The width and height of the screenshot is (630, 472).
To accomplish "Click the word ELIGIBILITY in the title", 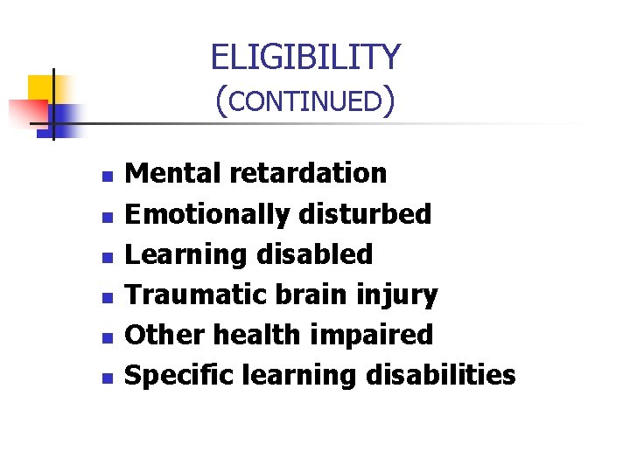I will (305, 58).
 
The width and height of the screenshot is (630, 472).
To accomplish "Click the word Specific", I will (181, 376).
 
